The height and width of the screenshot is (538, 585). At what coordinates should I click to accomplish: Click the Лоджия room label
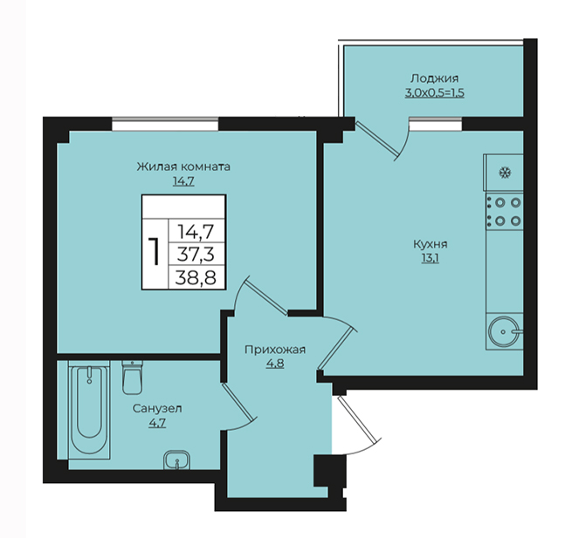coord(435,78)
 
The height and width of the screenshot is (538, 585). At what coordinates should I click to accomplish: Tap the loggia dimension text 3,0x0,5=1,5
coord(435,92)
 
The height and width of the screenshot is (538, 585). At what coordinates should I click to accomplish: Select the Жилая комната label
coord(183,167)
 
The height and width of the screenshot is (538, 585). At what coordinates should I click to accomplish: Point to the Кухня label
coord(430,244)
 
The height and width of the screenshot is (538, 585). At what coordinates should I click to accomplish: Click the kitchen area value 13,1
coord(430,258)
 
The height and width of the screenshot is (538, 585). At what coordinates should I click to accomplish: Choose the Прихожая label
coord(275,350)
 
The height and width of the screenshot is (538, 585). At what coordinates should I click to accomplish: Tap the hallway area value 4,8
coord(275,364)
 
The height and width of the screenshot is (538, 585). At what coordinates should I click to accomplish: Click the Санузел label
coord(157,409)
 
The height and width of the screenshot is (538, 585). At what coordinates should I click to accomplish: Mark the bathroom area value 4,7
coord(157,423)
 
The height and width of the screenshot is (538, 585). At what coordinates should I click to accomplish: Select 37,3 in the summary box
coord(196,255)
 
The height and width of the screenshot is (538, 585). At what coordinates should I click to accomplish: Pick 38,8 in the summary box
coord(196,277)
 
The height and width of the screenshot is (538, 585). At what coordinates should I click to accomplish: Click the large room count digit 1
coord(155,252)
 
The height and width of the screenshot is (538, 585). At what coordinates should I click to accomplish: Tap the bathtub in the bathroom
coord(89,410)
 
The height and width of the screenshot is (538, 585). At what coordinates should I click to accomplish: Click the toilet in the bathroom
coord(132,377)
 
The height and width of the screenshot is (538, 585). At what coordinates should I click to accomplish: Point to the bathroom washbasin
coord(177,460)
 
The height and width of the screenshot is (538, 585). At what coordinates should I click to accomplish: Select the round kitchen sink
coord(503,331)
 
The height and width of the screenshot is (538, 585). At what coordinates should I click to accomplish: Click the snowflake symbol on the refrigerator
coord(506,173)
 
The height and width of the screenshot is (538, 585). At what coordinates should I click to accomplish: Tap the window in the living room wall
coord(165,124)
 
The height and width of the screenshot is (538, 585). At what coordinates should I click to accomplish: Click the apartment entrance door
coord(356,423)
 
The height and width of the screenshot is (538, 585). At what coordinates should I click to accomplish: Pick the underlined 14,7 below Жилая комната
coord(183,181)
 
